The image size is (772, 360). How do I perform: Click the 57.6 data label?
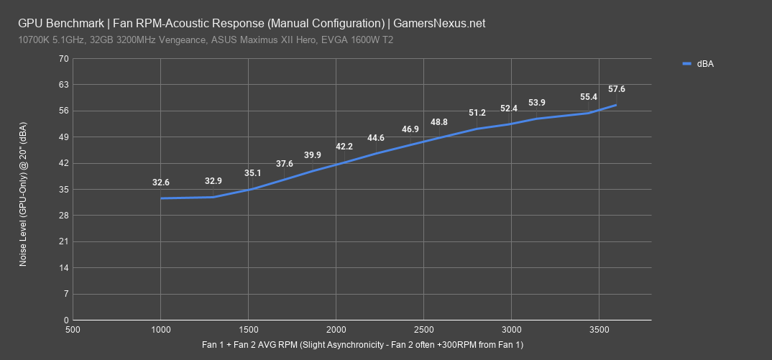click(617, 89)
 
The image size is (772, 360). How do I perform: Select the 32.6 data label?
click(161, 183)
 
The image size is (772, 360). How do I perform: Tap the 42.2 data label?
click(344, 147)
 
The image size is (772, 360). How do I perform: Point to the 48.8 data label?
click(439, 122)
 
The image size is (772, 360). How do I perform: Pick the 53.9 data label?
click(537, 103)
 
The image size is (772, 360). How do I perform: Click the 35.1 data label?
click(252, 173)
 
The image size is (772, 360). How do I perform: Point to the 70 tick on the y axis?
click(64, 58)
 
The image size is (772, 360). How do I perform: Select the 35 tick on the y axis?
click(64, 190)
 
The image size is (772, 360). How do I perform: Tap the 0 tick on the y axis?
click(66, 320)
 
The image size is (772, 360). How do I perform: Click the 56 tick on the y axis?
click(64, 111)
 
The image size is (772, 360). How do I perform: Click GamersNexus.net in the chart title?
click(445, 23)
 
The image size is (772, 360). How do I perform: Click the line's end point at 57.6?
click(616, 105)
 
